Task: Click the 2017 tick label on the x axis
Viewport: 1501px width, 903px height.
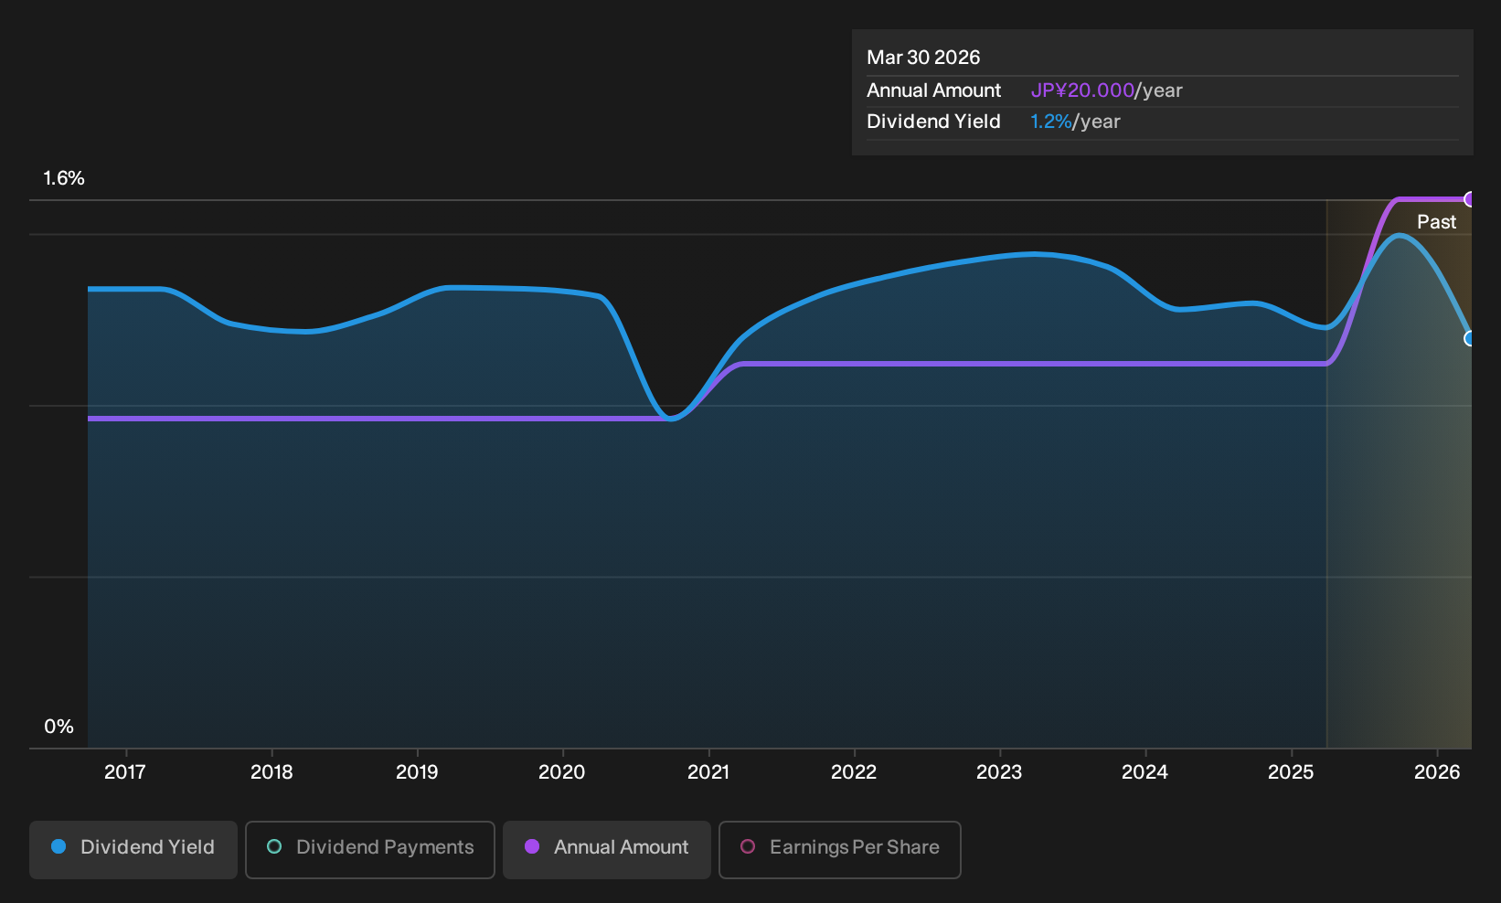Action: [x=125, y=772]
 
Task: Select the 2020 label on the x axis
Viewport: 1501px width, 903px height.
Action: [x=562, y=772]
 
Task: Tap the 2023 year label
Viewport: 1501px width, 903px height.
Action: [x=999, y=772]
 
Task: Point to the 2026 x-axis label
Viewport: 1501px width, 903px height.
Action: [x=1437, y=772]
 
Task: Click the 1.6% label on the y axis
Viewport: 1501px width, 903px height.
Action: [x=64, y=178]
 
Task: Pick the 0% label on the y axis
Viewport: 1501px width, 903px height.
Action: [x=59, y=727]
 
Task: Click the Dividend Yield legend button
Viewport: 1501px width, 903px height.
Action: [x=133, y=849]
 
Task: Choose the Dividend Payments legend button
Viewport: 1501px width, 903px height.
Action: [x=370, y=849]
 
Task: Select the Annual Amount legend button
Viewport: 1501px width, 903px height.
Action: [x=606, y=849]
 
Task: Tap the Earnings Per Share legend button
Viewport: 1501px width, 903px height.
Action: [x=839, y=849]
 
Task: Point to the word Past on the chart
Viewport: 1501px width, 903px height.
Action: [x=1437, y=222]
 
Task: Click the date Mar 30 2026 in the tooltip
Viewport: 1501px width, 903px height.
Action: [x=923, y=58]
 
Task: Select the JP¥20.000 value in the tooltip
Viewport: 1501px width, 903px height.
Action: [x=1082, y=90]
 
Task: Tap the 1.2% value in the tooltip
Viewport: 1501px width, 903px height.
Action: [x=1050, y=122]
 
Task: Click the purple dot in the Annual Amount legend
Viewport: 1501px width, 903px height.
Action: [x=531, y=846]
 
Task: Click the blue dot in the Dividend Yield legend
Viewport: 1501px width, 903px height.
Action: [x=59, y=846]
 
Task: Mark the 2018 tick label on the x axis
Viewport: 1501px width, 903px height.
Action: [x=271, y=772]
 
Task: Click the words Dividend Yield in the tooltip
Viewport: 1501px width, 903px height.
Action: [x=933, y=122]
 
